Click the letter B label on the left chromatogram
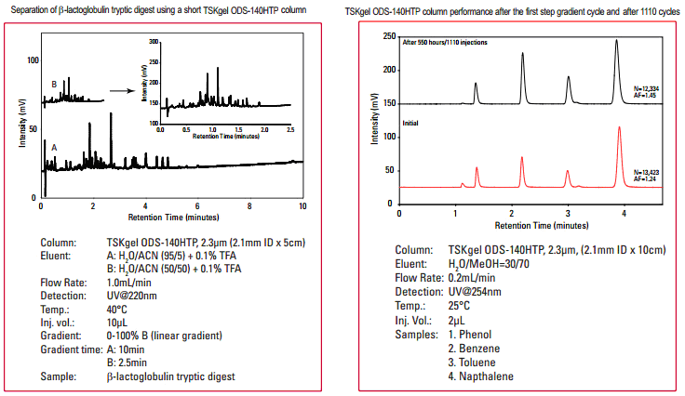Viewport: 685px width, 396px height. (55, 85)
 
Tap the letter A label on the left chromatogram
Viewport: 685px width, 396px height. (54, 147)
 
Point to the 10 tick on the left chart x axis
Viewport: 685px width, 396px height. (302, 205)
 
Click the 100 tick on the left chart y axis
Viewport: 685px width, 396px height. (34, 60)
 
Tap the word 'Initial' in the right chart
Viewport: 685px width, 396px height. (410, 123)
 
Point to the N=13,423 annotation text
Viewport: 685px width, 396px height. (645, 172)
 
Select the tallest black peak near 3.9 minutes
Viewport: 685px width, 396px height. (616, 41)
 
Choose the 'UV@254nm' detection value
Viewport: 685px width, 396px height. (476, 291)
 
